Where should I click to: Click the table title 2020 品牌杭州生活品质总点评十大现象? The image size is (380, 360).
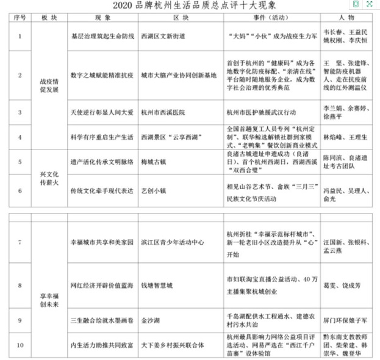(x=190, y=5)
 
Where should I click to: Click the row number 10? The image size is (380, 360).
(x=20, y=345)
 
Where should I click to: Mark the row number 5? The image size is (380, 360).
(x=20, y=162)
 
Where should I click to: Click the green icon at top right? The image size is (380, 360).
(x=356, y=4)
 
